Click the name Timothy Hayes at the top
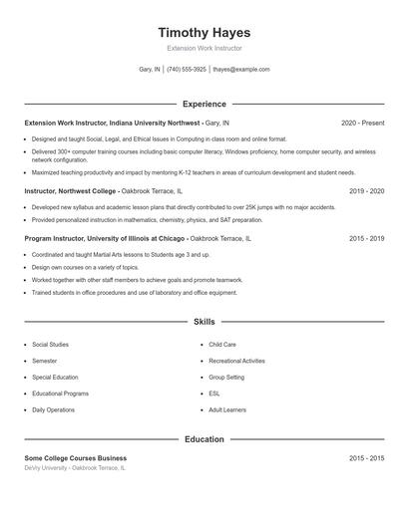click(204, 32)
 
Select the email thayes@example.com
click(241, 70)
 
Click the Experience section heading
click(204, 104)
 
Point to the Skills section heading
click(204, 322)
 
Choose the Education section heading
click(204, 438)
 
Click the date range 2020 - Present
click(362, 123)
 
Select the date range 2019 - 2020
click(366, 190)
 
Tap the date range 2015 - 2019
click(366, 239)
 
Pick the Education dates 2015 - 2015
click(366, 457)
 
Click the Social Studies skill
click(51, 345)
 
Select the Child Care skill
click(222, 345)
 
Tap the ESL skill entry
click(214, 394)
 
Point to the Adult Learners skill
click(227, 409)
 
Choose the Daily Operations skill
click(53, 409)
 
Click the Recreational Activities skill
click(236, 361)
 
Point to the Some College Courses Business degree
click(76, 457)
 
